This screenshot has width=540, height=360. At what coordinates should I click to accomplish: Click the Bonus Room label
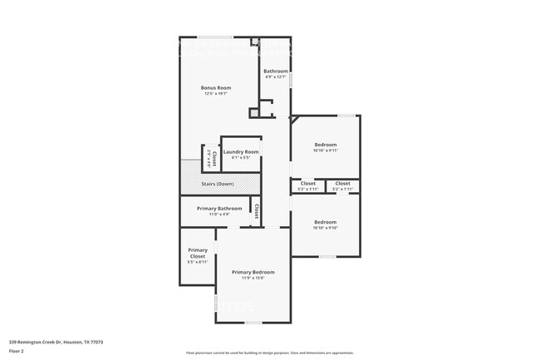[216, 87]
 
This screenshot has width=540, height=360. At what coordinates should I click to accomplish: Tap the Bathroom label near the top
[276, 72]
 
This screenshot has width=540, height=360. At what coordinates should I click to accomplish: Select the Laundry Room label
[241, 152]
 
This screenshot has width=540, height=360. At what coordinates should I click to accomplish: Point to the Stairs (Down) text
[218, 184]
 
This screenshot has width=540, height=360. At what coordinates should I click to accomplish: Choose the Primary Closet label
[198, 253]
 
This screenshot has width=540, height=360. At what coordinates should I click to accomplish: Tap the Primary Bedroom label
[253, 272]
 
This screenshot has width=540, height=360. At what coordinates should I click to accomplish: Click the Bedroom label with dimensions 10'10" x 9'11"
[325, 145]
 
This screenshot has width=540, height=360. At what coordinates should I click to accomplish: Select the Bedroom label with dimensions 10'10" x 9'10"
[325, 222]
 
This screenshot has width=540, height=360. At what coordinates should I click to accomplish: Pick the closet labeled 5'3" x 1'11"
[307, 183]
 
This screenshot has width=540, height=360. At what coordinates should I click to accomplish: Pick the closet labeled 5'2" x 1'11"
[342, 183]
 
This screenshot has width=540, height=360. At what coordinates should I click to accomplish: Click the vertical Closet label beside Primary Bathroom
[258, 211]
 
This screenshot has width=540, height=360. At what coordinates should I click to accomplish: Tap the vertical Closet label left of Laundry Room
[214, 156]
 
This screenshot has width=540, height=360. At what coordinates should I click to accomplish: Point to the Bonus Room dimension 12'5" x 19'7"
[216, 94]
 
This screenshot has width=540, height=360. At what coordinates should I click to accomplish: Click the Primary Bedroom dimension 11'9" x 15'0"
[253, 279]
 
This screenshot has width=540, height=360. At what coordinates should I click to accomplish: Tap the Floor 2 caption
[17, 351]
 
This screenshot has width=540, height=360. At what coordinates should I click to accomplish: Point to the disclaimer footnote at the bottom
[270, 353]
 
